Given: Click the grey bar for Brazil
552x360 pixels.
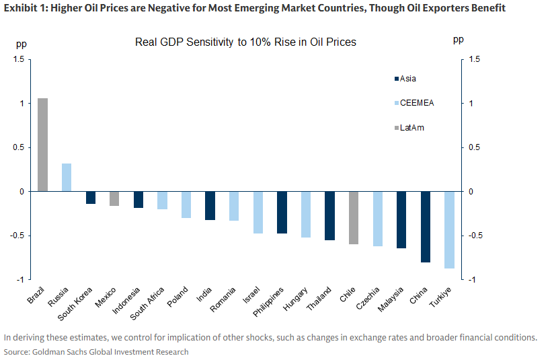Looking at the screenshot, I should click(x=42, y=145).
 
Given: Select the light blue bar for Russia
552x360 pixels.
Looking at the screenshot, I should click(x=67, y=178).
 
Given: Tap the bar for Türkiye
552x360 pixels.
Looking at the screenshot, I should click(x=449, y=229).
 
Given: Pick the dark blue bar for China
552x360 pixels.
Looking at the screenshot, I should click(x=425, y=227).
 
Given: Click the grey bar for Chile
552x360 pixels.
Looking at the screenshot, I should click(x=354, y=217).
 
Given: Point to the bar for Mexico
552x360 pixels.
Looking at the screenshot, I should click(x=114, y=199).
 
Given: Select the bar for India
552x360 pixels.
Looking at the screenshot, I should click(x=210, y=205).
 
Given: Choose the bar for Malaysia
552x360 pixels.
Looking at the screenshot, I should click(x=401, y=219).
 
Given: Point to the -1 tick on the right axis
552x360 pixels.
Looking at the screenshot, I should click(x=475, y=279).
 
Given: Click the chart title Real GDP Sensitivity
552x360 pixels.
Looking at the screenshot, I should click(x=245, y=42).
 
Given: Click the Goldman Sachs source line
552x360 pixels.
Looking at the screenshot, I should click(x=96, y=352).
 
